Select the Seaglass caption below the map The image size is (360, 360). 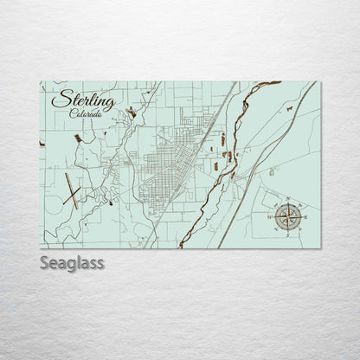(72, 262)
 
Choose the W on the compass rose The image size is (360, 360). (271, 215)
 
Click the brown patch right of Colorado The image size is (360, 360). (132, 112)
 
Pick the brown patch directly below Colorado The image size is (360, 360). (77, 137)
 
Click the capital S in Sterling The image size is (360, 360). (59, 100)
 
